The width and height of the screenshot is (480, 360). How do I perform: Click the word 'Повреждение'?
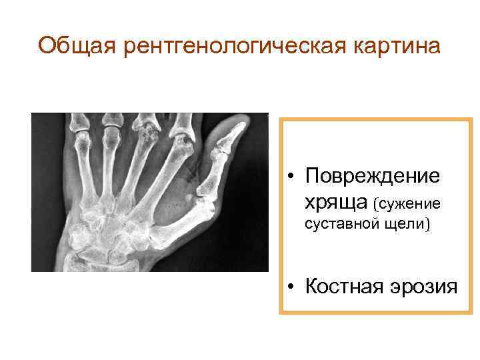pos(372,177)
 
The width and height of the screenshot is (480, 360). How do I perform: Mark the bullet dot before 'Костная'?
pos(291,287)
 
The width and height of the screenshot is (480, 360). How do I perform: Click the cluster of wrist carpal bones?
pos(107,240)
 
